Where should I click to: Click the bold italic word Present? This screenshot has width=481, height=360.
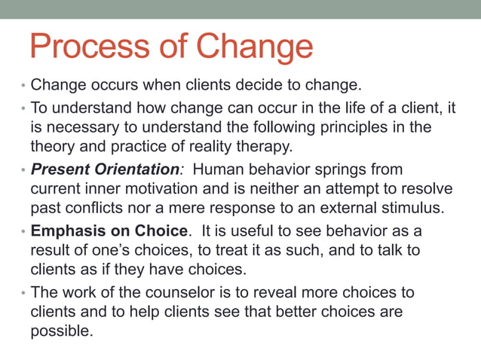point(61,169)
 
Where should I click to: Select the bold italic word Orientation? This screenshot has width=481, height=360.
point(139,169)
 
